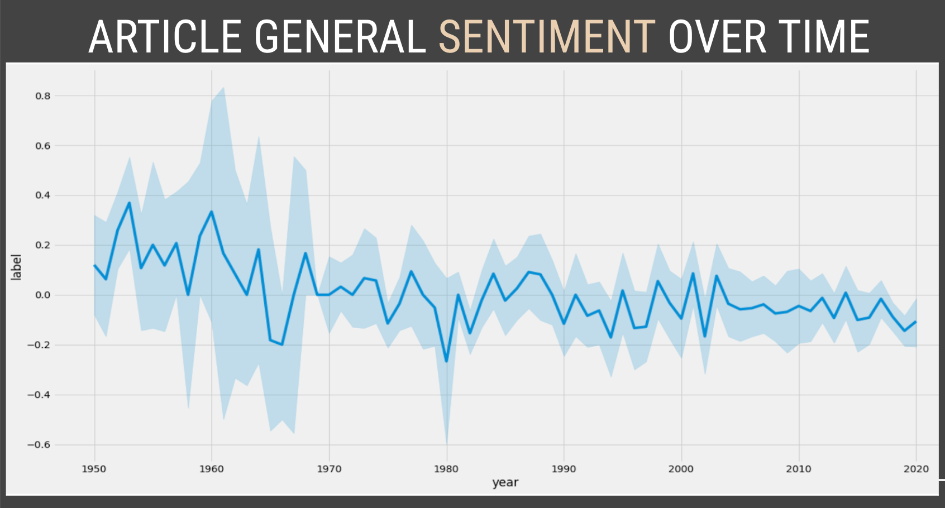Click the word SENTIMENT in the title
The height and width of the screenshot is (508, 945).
point(547,37)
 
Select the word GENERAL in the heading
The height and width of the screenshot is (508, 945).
point(340,37)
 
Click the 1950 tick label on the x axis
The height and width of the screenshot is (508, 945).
point(94,469)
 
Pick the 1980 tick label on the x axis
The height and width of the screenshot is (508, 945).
point(446,469)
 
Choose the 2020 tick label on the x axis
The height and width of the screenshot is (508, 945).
point(916,469)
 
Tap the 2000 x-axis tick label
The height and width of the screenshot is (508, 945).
point(681,469)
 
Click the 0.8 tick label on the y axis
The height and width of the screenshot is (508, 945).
point(43,96)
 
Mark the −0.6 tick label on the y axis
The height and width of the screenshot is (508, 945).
point(39,445)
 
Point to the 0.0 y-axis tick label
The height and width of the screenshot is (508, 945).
point(43,295)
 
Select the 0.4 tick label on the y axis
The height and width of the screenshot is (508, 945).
point(43,195)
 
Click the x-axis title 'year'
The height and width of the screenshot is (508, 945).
point(505,483)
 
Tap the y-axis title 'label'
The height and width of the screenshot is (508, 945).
point(17,267)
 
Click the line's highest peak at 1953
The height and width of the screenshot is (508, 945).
point(130,203)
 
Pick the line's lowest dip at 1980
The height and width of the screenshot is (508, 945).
point(446,361)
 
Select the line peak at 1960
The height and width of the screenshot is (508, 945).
point(212,212)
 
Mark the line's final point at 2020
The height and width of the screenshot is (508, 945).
point(916,322)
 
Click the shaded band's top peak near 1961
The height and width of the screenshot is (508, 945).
point(223,88)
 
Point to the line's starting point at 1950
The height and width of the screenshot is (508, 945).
point(94,265)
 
